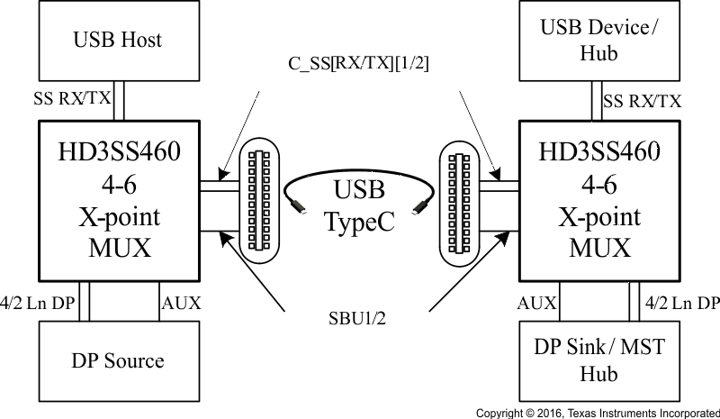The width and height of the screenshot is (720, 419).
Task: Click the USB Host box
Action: pyautogui.click(x=116, y=40)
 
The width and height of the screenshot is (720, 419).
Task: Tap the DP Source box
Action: pyautogui.click(x=116, y=360)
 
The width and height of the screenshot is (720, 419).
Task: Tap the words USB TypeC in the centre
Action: pyautogui.click(x=359, y=206)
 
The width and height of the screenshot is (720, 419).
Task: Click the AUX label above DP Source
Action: pyautogui.click(x=179, y=302)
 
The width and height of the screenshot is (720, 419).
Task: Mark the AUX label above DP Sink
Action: pyautogui.click(x=537, y=302)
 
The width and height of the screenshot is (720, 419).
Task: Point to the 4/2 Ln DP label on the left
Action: pyautogui.click(x=39, y=302)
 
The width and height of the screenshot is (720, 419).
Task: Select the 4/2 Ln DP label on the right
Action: pyautogui.click(x=680, y=302)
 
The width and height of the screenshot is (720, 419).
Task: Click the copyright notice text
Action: pyautogui.click(x=598, y=413)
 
